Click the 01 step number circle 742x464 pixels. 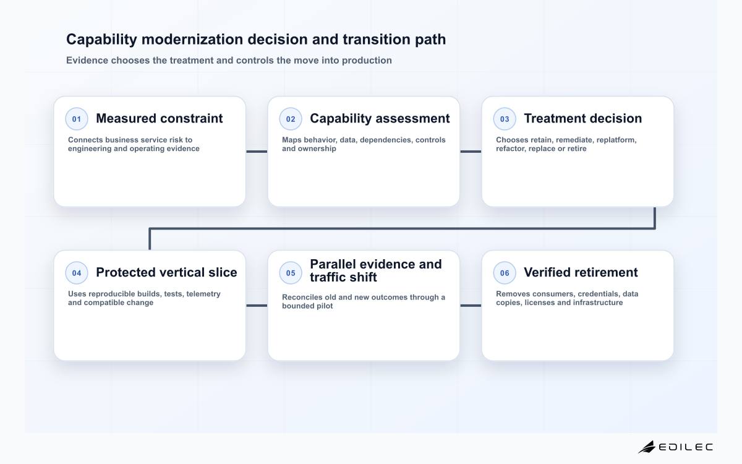(77, 119)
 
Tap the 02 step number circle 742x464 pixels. (291, 119)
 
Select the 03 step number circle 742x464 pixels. (505, 119)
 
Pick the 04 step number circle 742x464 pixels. (77, 273)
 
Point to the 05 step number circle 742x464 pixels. (291, 273)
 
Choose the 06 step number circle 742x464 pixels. (505, 273)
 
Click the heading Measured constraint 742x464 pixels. (160, 118)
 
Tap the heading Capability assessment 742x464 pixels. (380, 119)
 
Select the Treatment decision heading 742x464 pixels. (582, 118)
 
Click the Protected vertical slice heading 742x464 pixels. (166, 272)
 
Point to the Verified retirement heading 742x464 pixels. (581, 272)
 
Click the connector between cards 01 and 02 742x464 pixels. (257, 152)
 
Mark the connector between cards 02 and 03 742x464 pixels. (471, 152)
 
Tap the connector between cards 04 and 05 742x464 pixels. (257, 306)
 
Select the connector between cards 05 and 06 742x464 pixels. (471, 306)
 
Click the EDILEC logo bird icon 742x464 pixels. (647, 447)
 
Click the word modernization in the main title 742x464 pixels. (192, 40)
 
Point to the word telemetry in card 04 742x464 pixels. (203, 294)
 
